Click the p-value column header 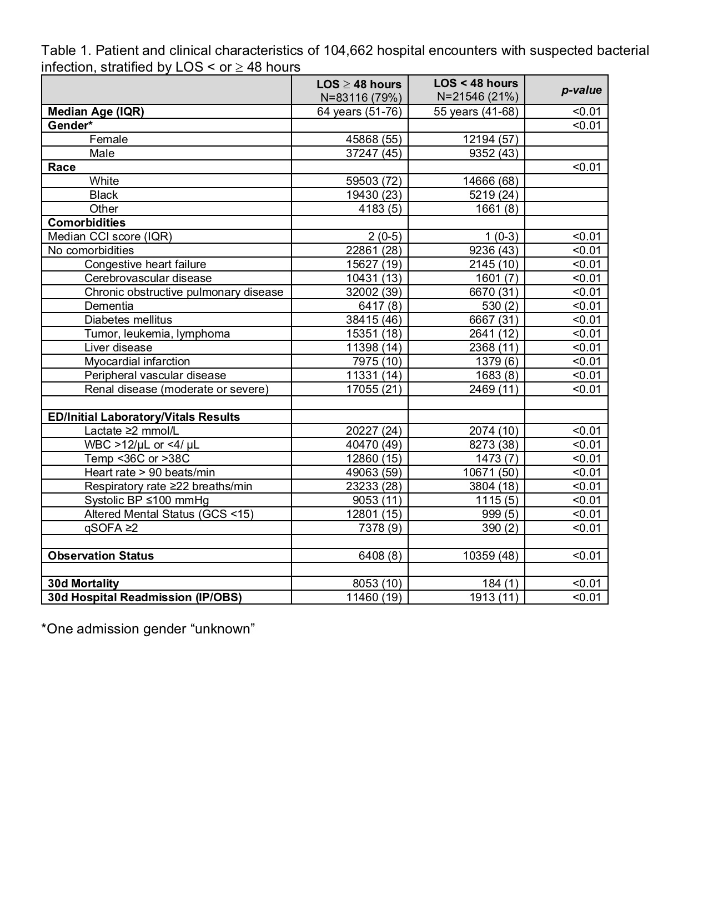tap(581, 90)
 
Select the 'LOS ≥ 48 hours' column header tap(359, 84)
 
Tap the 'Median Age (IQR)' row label tap(96, 112)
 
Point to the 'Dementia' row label tap(109, 306)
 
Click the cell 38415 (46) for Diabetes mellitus tap(374, 320)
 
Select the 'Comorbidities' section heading tap(87, 223)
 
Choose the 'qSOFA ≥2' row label tap(111, 528)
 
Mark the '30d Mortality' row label tap(83, 583)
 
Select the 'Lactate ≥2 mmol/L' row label tap(132, 431)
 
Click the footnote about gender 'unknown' tap(148, 629)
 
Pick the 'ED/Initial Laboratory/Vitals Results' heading tap(144, 417)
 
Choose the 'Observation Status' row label tap(101, 556)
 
